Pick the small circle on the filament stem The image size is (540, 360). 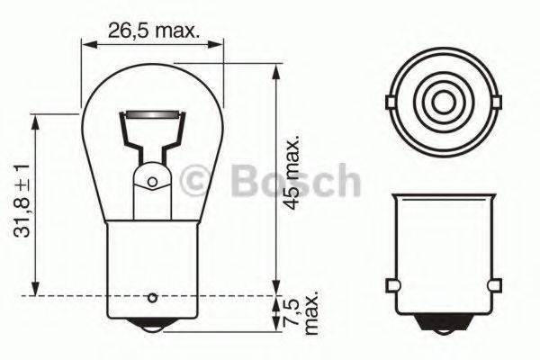click(151, 184)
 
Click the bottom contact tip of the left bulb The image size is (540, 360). click(152, 332)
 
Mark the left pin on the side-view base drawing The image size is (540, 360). click(391, 285)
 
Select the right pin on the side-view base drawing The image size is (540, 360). click(494, 285)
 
